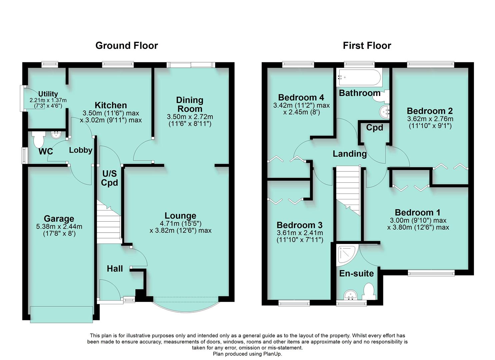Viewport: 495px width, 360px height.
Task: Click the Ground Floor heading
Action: (127, 46)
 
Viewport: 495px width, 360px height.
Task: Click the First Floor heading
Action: (367, 46)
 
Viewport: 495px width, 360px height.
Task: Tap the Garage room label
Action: (59, 219)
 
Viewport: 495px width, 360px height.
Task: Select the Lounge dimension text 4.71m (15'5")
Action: (181, 224)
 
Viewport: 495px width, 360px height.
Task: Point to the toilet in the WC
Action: (39, 139)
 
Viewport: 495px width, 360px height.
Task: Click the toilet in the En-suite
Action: (369, 291)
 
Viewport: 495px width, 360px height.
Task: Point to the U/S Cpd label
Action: (110, 178)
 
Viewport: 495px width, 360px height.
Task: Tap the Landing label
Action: (350, 154)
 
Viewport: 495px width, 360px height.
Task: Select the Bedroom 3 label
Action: (300, 225)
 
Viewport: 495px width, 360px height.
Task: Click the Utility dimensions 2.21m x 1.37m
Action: (48, 100)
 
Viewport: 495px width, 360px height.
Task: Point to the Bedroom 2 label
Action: (430, 111)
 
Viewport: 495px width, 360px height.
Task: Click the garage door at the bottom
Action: (61, 314)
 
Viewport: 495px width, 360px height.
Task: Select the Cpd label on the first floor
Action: (375, 128)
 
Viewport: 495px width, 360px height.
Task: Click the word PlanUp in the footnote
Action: (272, 354)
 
